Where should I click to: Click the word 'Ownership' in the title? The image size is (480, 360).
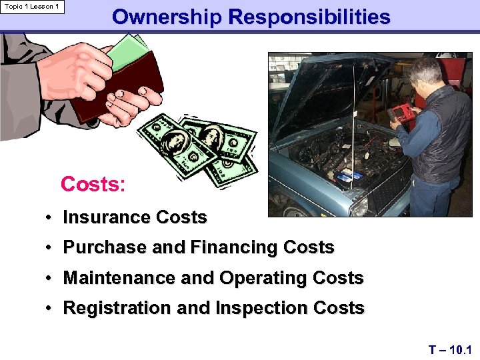pyautogui.click(x=166, y=17)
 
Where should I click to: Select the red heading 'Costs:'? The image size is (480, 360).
pyautogui.click(x=93, y=184)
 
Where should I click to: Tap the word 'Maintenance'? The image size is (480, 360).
pyautogui.click(x=120, y=278)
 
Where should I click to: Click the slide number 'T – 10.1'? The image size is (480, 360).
pyautogui.click(x=449, y=349)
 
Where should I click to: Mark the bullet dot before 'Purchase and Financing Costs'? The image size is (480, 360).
pyautogui.click(x=50, y=248)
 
